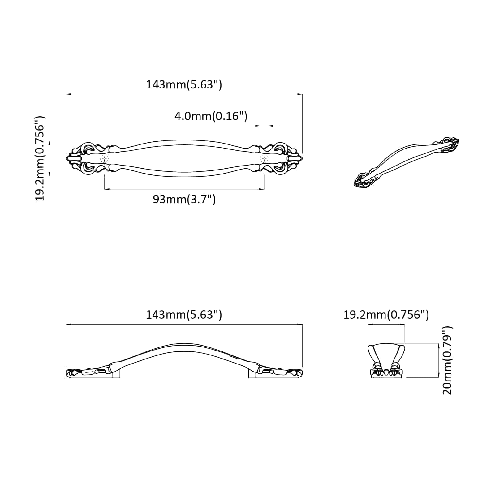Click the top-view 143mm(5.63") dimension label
click(x=184, y=84)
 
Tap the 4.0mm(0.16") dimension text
click(x=211, y=116)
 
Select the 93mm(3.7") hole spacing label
click(x=184, y=199)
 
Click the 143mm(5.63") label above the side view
click(x=184, y=315)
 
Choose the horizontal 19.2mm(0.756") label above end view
click(x=386, y=315)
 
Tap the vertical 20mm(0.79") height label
click(x=447, y=360)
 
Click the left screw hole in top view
click(x=105, y=159)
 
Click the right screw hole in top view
click(x=264, y=159)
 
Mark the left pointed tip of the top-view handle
click(x=67, y=158)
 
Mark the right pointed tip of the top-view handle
click(x=302, y=158)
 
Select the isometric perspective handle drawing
click(x=406, y=162)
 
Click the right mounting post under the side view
click(x=252, y=375)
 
